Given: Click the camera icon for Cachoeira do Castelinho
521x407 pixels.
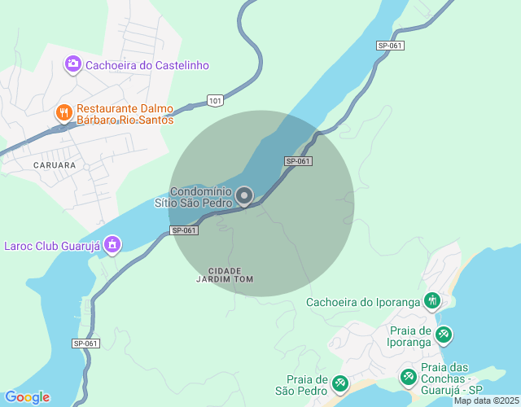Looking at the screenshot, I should tap(72, 63).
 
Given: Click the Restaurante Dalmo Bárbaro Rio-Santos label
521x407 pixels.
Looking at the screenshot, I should tap(125, 114).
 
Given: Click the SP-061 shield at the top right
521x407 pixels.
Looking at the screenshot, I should tap(390, 46).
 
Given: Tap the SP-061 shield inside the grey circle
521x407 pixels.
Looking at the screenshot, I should tap(299, 161).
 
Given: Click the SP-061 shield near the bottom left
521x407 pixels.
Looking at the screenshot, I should tap(85, 344).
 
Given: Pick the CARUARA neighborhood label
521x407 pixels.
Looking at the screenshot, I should tap(55, 165).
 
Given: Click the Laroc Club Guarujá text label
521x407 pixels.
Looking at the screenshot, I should tap(50, 245).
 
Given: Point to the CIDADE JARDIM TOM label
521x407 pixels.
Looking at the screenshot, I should tap(225, 274).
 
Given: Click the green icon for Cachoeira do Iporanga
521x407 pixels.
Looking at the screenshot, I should tap(431, 302).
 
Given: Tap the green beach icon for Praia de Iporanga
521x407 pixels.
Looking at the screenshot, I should tap(444, 334).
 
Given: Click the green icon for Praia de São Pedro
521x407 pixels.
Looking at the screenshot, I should tap(340, 383).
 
